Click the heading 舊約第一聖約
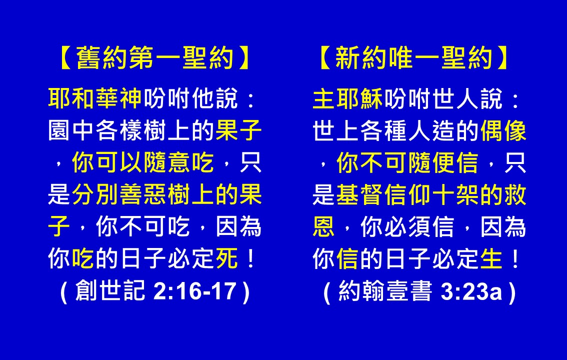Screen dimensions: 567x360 pyautogui.click(x=155, y=58)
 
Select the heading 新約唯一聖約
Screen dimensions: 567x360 pyautogui.click(x=413, y=58)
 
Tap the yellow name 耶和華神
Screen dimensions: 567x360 pyautogui.click(x=95, y=98)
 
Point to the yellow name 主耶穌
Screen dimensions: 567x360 pyautogui.click(x=347, y=98)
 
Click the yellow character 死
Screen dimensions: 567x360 pyautogui.click(x=226, y=258)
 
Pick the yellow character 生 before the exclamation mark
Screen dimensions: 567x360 pyautogui.click(x=491, y=258)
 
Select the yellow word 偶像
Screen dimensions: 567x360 pyautogui.click(x=503, y=130)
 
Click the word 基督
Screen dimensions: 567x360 pyautogui.click(x=359, y=194)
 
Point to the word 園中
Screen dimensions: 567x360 pyautogui.click(x=71, y=130)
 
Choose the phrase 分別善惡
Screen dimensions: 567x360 pyautogui.click(x=119, y=194)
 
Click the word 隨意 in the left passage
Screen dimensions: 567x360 pyautogui.click(x=167, y=162)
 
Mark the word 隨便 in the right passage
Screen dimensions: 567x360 pyautogui.click(x=431, y=162)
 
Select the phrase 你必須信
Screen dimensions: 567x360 pyautogui.click(x=407, y=226)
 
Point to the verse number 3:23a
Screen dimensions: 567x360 pyautogui.click(x=471, y=290)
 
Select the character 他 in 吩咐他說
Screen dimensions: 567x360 pyautogui.click(x=203, y=98)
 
